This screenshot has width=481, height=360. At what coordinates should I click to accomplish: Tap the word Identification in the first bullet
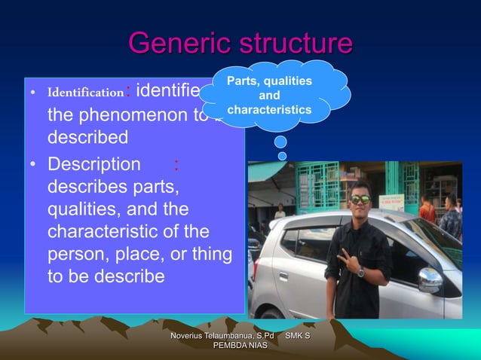85,94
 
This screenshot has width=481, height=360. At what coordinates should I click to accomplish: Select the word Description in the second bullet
94,164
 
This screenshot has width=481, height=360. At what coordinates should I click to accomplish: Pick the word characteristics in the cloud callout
269,110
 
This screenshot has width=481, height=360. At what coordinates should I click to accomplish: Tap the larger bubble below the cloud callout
280,142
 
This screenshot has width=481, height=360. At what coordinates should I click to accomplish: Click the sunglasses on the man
360,199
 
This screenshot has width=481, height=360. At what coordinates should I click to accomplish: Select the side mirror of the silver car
429,280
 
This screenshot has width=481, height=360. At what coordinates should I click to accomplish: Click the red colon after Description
176,164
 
